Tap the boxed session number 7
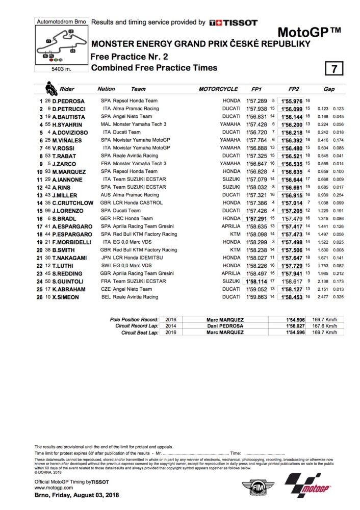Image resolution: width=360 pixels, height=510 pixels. (334, 68)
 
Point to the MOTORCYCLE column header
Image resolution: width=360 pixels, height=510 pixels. (218, 89)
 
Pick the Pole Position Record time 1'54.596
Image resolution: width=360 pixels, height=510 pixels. (294, 319)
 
